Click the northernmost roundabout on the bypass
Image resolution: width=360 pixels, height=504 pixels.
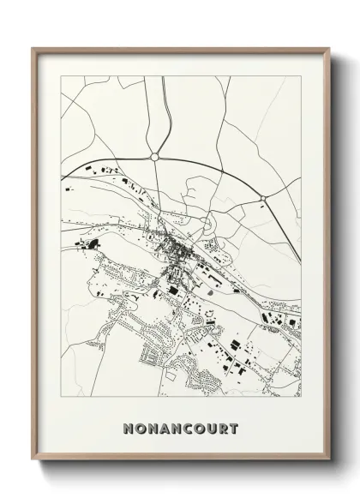[x=154, y=157]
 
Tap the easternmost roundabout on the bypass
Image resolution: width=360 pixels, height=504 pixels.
[x=264, y=199]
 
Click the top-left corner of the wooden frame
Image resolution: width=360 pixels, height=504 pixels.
[x=33, y=47]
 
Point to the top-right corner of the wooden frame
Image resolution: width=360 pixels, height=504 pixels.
[x=327, y=47]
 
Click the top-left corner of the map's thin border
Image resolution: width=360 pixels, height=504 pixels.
[x=60, y=76]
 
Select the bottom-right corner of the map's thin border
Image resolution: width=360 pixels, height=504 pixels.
[x=301, y=397]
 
